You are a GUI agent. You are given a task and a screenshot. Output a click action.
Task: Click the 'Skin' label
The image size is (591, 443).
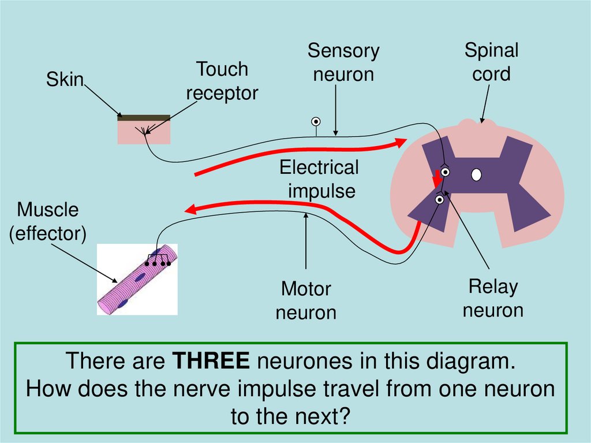65,80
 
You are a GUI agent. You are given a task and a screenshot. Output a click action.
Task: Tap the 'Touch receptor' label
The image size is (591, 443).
222,81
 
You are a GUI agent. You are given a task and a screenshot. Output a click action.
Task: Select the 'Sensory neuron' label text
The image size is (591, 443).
343,63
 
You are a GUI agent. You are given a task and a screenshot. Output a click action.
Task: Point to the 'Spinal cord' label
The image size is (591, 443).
492,62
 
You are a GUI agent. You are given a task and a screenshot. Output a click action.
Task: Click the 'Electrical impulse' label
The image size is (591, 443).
319,179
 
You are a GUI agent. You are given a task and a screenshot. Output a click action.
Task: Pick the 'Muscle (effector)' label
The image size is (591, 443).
48,222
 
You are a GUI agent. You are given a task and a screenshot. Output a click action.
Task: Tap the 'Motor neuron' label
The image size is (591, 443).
306,301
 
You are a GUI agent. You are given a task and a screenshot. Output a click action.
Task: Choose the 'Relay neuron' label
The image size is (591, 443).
493,298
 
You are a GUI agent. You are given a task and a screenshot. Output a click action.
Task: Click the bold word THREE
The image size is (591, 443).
211,362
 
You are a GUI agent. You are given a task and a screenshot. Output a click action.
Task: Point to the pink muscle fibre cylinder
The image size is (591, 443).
137,281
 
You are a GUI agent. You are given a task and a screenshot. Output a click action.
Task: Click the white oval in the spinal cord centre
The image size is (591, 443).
476,174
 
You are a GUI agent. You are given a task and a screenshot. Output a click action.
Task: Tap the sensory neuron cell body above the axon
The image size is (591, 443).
316,121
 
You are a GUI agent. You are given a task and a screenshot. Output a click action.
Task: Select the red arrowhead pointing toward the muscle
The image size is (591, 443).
192,209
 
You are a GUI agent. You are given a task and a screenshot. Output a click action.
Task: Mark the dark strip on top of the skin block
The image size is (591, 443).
144,117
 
